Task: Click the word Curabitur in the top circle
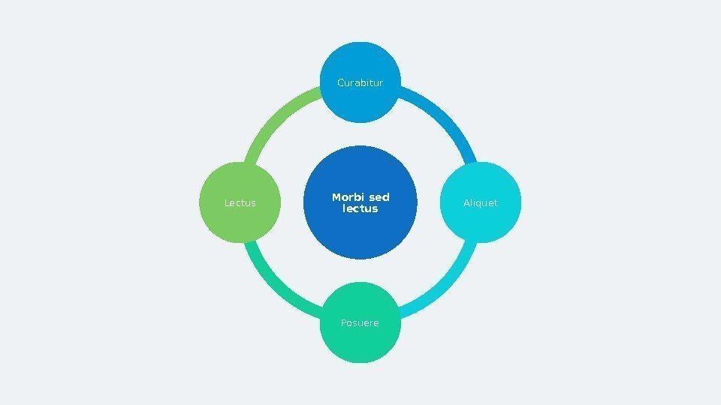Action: coord(360,83)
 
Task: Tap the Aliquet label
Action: coord(481,203)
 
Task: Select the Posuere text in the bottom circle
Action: coord(360,323)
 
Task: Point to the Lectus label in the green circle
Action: coord(240,203)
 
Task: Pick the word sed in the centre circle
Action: coord(380,197)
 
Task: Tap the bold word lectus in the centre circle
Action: coord(360,208)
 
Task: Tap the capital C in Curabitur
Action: coord(341,83)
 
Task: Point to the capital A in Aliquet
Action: coord(466,203)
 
